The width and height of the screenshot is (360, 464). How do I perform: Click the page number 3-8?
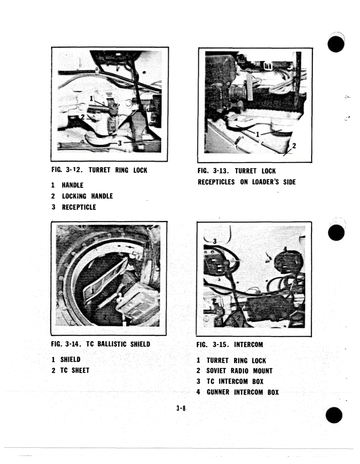pyautogui.click(x=181, y=408)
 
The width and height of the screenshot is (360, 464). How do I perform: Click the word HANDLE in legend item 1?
pyautogui.click(x=73, y=185)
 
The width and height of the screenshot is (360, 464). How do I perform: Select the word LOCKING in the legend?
pyautogui.click(x=74, y=196)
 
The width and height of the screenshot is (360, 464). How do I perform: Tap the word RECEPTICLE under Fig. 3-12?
pyautogui.click(x=79, y=207)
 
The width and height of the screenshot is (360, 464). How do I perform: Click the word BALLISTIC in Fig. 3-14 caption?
pyautogui.click(x=112, y=344)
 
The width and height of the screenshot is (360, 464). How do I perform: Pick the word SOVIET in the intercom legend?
pyautogui.click(x=216, y=371)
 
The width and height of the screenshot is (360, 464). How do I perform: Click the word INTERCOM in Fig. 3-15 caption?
pyautogui.click(x=248, y=345)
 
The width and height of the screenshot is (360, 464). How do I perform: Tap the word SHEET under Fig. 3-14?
pyautogui.click(x=81, y=370)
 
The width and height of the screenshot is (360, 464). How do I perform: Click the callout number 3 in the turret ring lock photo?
pyautogui.click(x=120, y=143)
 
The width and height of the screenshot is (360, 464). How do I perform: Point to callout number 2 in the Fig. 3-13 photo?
pyautogui.click(x=294, y=146)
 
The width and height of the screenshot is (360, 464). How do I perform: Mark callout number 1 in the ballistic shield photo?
pyautogui.click(x=93, y=291)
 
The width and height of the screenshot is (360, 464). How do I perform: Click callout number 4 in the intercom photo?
pyautogui.click(x=285, y=249)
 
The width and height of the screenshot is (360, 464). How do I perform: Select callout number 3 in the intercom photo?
pyautogui.click(x=215, y=241)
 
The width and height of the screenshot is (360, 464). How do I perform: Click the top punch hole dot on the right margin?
pyautogui.click(x=336, y=44)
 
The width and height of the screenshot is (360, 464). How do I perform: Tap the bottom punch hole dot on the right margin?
pyautogui.click(x=334, y=415)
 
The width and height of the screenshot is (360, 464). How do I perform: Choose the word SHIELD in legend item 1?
pyautogui.click(x=71, y=359)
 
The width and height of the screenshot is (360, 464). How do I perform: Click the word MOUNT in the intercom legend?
pyautogui.click(x=263, y=371)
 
